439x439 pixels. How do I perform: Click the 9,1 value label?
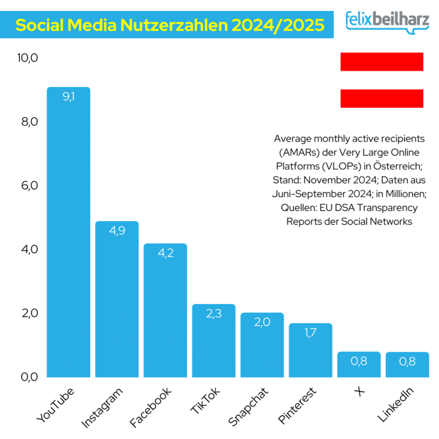69,97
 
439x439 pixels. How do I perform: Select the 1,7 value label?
310,333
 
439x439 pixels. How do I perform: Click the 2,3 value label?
214,314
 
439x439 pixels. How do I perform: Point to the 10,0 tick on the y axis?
27,58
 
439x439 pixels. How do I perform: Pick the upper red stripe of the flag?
381,61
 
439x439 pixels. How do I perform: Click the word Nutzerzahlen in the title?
162,25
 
